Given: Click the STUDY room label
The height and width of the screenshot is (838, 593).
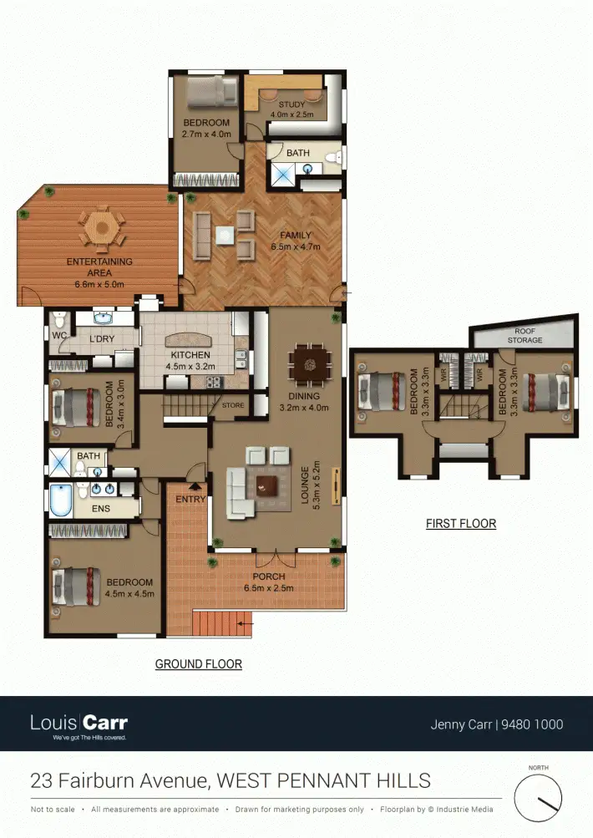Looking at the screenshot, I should point(292,104).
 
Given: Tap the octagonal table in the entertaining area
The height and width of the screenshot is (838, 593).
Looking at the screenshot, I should point(101,226).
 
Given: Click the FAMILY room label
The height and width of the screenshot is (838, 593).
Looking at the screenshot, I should point(295,236).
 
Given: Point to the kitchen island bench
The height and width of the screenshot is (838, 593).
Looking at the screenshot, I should point(191,340).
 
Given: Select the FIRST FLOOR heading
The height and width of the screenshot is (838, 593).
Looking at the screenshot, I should point(461,524).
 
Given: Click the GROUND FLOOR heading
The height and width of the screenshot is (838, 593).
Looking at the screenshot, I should point(199,664).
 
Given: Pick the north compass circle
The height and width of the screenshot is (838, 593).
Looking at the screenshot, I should point(539,797).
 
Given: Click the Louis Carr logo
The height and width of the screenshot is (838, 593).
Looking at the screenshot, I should point(79,723).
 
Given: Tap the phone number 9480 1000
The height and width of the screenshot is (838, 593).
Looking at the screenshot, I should point(531,724).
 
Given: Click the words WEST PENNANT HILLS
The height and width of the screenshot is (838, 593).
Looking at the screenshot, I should point(324,781).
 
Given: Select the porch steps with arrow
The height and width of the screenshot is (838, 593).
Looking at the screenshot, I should point(221,622).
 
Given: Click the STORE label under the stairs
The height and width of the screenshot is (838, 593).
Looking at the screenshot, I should point(233,407).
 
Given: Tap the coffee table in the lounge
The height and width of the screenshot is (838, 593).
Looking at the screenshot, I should point(268,485).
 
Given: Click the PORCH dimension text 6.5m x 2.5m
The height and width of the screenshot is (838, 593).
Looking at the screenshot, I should point(269,588).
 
